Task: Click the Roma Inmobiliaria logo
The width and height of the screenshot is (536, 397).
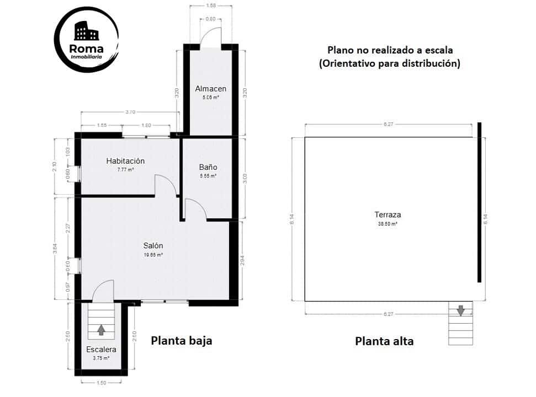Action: pyautogui.click(x=87, y=39)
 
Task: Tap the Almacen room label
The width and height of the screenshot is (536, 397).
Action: pyautogui.click(x=210, y=89)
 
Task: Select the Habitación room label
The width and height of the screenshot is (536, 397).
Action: pyautogui.click(x=125, y=161)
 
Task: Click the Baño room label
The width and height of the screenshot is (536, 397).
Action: pyautogui.click(x=208, y=167)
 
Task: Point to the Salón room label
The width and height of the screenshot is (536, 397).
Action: pyautogui.click(x=153, y=246)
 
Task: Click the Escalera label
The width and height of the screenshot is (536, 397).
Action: pyautogui.click(x=101, y=350)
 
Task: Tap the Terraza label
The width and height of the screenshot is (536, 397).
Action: pyautogui.click(x=387, y=215)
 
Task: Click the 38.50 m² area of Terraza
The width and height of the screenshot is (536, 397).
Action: pyautogui.click(x=387, y=224)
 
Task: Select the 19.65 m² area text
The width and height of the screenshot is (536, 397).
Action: pyautogui.click(x=153, y=255)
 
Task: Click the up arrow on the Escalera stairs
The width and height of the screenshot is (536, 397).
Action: pyautogui.click(x=101, y=329)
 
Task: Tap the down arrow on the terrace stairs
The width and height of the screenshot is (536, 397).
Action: pyautogui.click(x=460, y=310)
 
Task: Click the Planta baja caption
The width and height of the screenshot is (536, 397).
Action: pyautogui.click(x=182, y=341)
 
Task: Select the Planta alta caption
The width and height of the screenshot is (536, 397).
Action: pyautogui.click(x=384, y=341)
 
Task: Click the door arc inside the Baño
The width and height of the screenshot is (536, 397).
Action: pyautogui.click(x=195, y=210)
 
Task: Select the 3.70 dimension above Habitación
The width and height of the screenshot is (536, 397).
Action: pyautogui.click(x=130, y=112)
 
